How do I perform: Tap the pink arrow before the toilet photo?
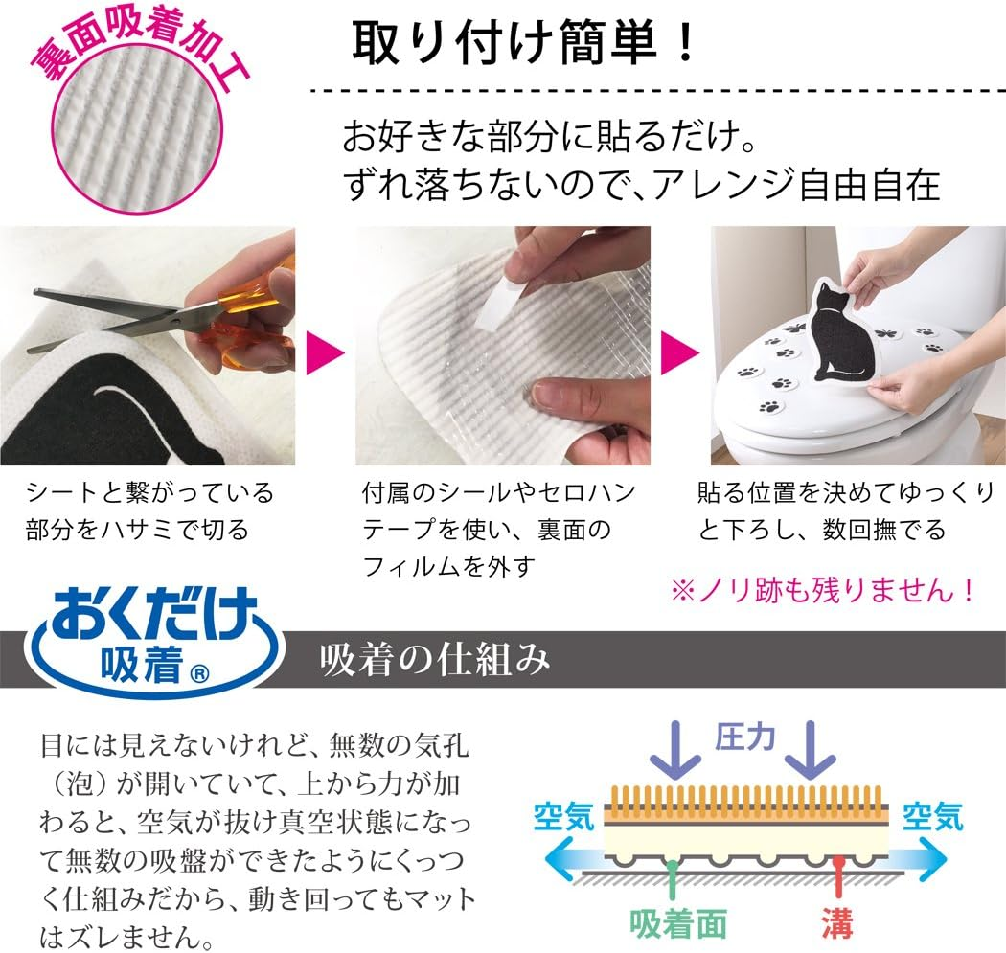click(x=679, y=352)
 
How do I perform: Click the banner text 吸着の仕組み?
click(x=434, y=660)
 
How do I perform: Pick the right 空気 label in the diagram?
click(x=933, y=816)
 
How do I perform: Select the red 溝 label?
click(x=835, y=923)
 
